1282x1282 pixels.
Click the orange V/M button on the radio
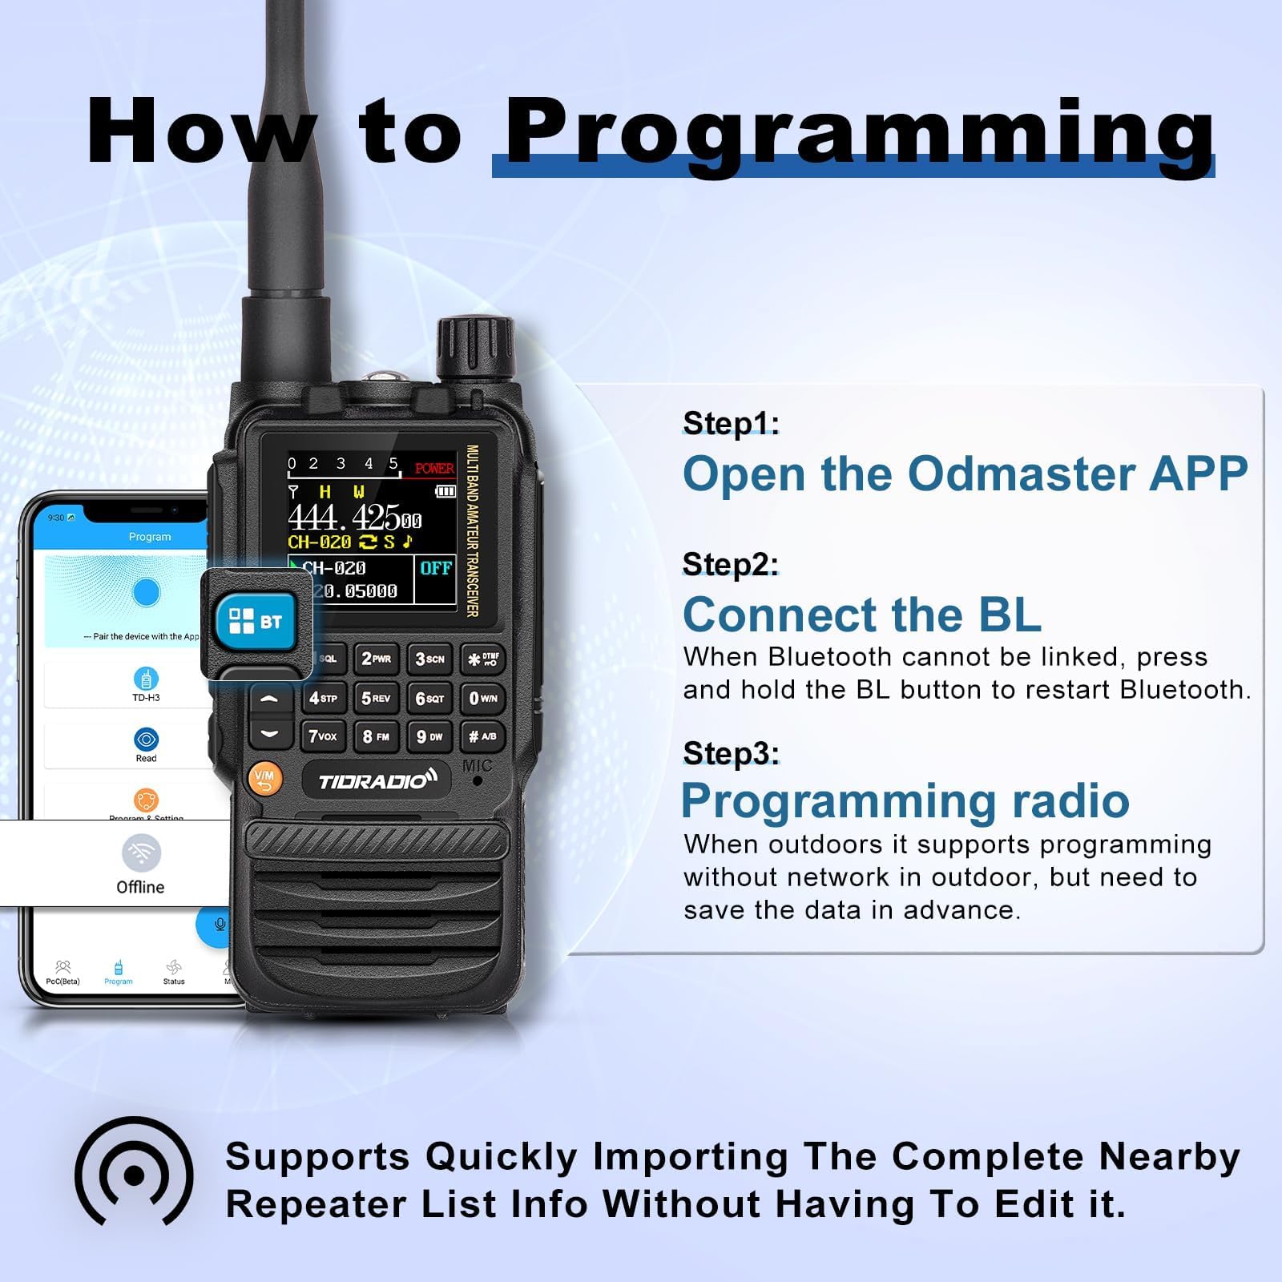click(x=264, y=778)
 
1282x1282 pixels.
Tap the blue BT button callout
click(x=256, y=621)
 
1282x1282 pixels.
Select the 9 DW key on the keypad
click(x=429, y=736)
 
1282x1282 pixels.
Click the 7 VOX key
click(x=323, y=736)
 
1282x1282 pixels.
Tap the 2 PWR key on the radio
click(x=376, y=659)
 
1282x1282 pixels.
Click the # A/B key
click(x=483, y=736)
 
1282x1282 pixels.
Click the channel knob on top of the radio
click(x=474, y=349)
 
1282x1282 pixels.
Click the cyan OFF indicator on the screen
click(x=436, y=568)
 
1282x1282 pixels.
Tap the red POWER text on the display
click(x=434, y=468)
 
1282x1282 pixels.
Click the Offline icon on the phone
click(x=141, y=853)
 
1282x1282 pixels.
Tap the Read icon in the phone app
click(x=146, y=740)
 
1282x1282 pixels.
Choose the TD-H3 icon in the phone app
click(x=146, y=679)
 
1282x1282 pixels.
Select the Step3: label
click(x=731, y=753)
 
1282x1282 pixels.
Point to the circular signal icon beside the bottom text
click(x=134, y=1176)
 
